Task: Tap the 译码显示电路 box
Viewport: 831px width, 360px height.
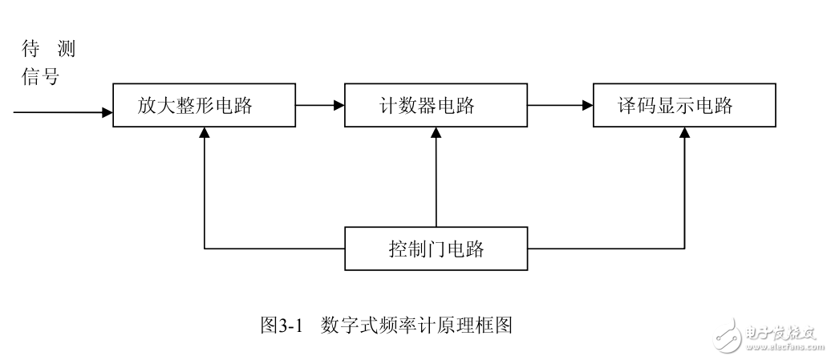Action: click(685, 105)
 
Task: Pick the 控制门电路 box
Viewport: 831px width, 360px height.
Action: click(436, 249)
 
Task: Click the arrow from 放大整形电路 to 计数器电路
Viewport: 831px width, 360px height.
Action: click(319, 105)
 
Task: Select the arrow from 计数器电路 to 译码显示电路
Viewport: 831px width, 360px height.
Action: click(561, 105)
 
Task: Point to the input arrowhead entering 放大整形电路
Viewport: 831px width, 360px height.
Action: click(107, 112)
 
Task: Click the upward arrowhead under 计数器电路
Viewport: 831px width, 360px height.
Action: click(436, 133)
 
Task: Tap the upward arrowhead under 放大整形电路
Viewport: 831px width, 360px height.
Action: click(205, 133)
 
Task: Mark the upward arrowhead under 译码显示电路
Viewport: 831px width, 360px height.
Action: click(684, 133)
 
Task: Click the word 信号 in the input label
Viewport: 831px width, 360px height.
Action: click(40, 78)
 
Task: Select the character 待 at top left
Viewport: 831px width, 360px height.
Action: click(29, 51)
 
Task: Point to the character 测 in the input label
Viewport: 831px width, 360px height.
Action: click(67, 51)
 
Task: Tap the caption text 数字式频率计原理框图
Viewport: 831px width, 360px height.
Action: click(415, 325)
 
